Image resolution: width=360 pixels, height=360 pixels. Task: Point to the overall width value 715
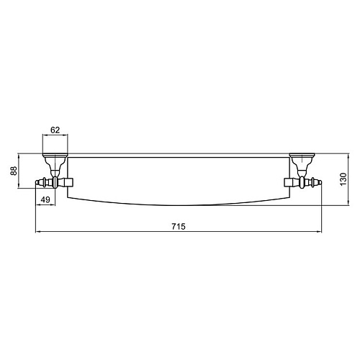[179, 226]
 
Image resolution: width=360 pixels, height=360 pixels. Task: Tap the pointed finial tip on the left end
[37, 183]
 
